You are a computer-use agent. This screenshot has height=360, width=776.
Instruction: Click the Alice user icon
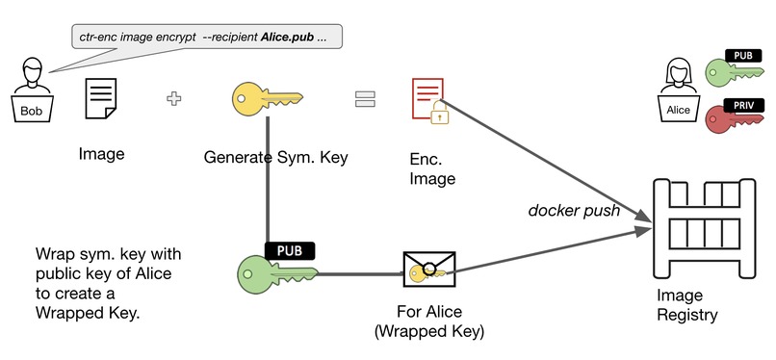click(x=679, y=92)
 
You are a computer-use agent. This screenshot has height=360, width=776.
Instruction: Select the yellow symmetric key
click(x=266, y=98)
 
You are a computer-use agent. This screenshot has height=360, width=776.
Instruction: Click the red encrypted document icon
click(x=427, y=98)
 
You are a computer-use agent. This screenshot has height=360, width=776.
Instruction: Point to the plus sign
click(x=174, y=98)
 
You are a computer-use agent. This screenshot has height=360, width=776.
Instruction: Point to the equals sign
click(x=364, y=99)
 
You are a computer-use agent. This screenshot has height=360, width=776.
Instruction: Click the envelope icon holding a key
click(x=428, y=272)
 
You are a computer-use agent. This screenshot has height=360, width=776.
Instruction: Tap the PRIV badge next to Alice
click(x=743, y=104)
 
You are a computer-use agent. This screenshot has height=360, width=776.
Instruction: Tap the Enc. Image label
click(x=432, y=167)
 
